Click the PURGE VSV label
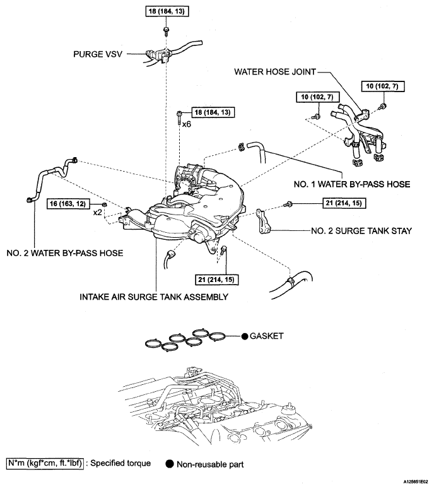coord(98,54)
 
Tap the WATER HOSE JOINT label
coord(275,72)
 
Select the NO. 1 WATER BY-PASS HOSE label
coord(352,184)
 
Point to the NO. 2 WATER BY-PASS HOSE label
coord(65,253)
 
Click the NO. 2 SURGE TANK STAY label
coord(361,231)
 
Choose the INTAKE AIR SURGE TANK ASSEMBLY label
coord(154,297)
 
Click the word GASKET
coord(267,336)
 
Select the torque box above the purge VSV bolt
coord(167,11)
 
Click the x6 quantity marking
coord(187,124)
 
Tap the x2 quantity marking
coord(97,213)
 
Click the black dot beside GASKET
coord(245,336)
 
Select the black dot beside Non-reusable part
coord(170,464)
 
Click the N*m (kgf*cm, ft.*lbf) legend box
coord(45,463)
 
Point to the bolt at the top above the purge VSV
coord(166,30)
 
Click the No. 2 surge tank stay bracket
coord(263,221)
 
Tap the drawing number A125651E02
coord(416,481)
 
